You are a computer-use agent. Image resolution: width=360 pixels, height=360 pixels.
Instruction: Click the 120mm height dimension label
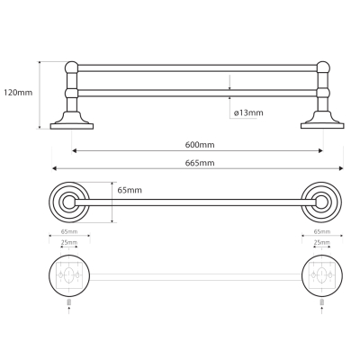point(18,93)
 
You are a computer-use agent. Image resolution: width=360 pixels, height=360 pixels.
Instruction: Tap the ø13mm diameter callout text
point(248,112)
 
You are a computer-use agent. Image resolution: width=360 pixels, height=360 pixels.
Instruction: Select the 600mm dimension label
point(200,145)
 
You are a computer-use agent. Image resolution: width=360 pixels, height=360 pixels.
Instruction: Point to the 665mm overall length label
point(200,163)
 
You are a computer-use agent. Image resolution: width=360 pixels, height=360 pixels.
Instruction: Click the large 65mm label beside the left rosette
point(130,190)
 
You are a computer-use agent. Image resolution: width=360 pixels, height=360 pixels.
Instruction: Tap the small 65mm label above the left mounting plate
point(69,231)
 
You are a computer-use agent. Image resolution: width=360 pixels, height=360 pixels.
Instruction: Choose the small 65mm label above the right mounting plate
point(322,231)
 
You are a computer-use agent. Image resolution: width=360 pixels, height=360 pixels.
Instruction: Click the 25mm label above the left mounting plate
point(69,242)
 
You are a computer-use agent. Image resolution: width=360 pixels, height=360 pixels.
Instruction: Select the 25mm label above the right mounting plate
point(322,242)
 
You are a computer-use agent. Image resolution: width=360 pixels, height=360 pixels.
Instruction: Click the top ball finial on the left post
point(72,67)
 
